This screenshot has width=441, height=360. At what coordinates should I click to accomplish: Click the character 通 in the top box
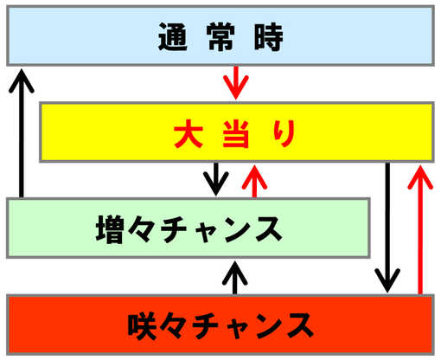point(173,36)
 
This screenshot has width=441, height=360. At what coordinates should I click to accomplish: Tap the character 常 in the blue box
point(220,36)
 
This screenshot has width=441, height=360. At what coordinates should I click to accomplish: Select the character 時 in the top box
point(268,36)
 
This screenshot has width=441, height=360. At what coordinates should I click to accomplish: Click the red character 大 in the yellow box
point(188,134)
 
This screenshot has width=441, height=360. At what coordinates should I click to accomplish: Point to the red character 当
point(236,134)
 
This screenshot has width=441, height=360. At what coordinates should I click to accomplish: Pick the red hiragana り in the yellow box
point(284,133)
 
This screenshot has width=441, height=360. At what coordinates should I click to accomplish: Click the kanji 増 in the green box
point(110,229)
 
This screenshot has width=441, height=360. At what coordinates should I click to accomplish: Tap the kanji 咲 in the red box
point(143,326)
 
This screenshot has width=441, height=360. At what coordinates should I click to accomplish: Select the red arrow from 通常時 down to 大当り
point(236,83)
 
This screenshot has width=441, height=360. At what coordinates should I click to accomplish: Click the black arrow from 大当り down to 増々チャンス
point(216,179)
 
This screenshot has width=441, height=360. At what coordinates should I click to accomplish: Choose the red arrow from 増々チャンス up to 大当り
point(254,182)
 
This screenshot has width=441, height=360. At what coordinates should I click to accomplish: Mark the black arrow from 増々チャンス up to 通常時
point(22,133)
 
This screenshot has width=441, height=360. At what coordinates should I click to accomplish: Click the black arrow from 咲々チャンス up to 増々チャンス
point(235,278)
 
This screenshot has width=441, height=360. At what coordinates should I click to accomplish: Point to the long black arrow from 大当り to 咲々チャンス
point(387,228)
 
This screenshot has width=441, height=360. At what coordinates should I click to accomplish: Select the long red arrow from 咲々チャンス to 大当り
point(420,230)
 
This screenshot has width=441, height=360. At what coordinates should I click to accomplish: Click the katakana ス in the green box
point(269,229)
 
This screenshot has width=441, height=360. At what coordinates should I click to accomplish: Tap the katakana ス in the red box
point(300,326)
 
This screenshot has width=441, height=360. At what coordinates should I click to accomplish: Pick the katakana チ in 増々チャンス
point(174,229)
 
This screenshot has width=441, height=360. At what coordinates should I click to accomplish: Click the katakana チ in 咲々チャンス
point(206,326)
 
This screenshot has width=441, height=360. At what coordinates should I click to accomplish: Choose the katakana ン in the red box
point(271,326)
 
